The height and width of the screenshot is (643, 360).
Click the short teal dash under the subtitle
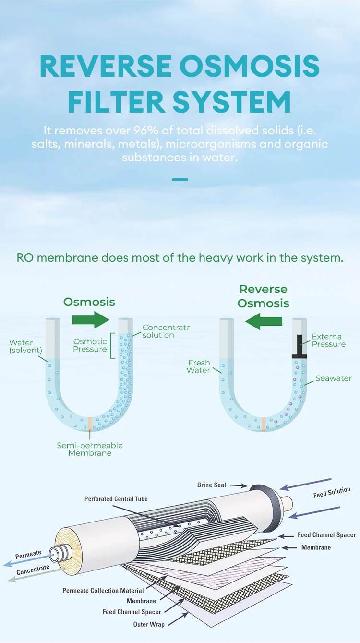coord(180,179)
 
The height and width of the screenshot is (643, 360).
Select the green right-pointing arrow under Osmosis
coord(90,320)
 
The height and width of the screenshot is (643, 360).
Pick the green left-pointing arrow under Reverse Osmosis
coord(265,321)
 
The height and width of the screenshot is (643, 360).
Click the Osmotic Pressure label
coord(90,345)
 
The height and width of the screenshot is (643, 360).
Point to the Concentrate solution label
coord(166,331)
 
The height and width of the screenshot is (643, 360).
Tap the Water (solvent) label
coord(21,347)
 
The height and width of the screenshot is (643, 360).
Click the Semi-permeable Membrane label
coord(90,449)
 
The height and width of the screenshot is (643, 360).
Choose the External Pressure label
coord(328,340)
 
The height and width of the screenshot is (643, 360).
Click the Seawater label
coord(334,378)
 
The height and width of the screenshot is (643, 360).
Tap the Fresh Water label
coord(199,366)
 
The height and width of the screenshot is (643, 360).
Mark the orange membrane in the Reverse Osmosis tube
coord(264,424)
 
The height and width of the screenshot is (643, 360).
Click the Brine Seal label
coord(211,485)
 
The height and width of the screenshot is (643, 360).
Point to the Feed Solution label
coord(332,493)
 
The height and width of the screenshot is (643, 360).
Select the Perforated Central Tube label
coord(116,499)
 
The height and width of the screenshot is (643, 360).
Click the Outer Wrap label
coord(149,624)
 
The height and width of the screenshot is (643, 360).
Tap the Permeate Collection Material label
coord(103,590)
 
